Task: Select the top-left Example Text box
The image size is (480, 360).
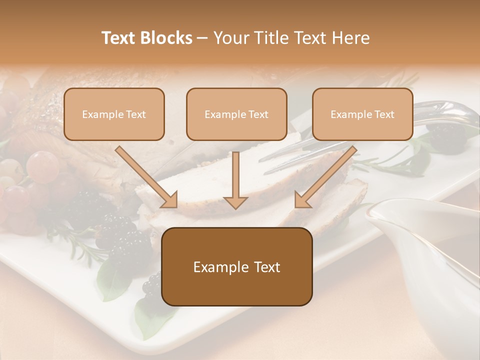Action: coord(114,114)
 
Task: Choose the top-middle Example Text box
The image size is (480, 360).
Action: coord(236,114)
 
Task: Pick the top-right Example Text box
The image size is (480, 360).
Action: coord(362,114)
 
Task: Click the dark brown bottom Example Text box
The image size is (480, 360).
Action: coord(236,266)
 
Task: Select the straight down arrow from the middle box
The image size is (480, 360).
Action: coord(235,180)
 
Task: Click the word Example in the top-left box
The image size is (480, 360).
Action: coord(97,114)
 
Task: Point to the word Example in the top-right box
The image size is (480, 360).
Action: coord(346,114)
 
